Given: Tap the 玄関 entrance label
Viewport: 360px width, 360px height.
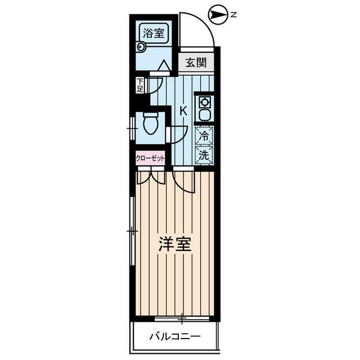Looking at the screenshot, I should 196,62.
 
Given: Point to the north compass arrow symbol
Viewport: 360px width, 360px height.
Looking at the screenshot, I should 216,15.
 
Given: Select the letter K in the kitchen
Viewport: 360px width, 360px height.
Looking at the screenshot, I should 183,110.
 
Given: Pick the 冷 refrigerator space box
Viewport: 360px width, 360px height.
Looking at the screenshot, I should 204,136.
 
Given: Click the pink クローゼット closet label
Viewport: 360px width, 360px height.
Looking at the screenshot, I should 150,159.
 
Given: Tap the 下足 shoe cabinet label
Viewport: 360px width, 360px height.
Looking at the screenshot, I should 139,85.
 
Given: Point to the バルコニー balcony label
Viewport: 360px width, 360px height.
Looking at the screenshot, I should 174,337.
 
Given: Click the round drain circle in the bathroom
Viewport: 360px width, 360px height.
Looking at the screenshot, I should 140,48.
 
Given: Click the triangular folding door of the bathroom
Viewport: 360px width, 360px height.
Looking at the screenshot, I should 164,66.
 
